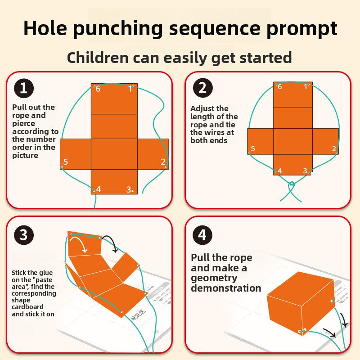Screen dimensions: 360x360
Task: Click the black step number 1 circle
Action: (24, 88)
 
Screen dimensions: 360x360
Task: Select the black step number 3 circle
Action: (24, 234)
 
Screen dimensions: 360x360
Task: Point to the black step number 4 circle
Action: (202, 234)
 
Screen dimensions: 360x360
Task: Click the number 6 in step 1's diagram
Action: (98, 89)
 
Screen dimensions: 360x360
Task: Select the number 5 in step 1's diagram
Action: (66, 162)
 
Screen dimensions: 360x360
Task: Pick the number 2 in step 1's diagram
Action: (162, 162)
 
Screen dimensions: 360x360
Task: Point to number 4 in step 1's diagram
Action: (99, 189)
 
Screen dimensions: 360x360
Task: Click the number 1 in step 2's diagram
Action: (306, 86)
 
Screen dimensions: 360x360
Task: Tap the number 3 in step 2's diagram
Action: (305, 171)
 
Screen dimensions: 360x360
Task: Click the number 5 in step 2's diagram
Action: (253, 148)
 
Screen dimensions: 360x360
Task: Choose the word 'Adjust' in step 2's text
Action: (203, 108)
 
